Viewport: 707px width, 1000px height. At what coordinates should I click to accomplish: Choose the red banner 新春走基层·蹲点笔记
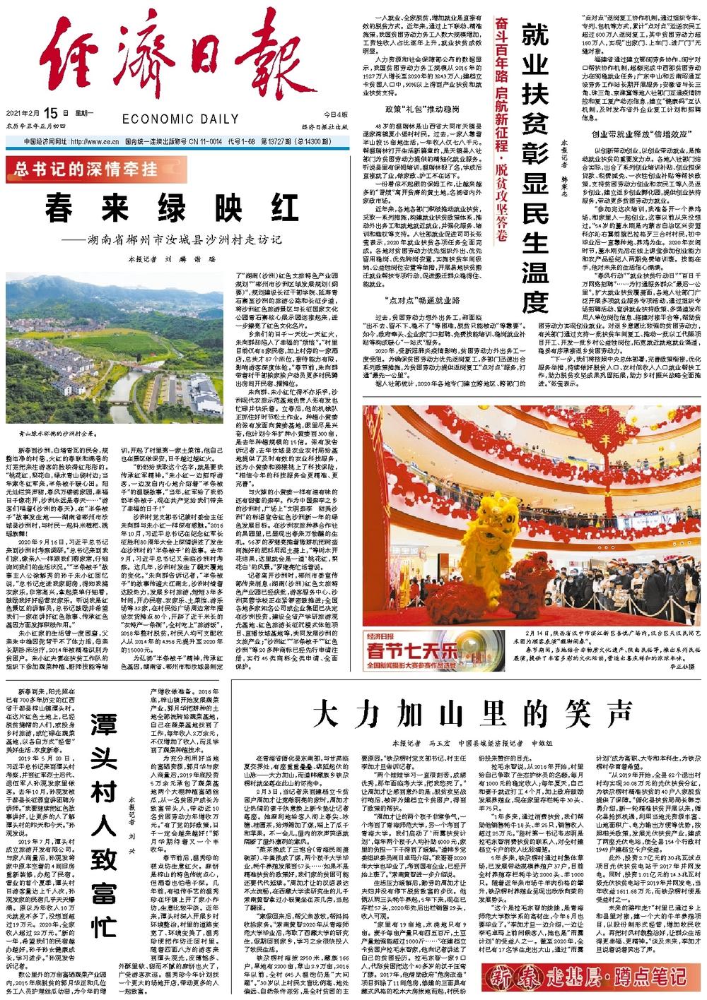tap(585, 977)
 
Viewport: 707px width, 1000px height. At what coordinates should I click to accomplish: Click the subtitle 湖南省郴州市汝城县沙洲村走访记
tap(180, 239)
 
